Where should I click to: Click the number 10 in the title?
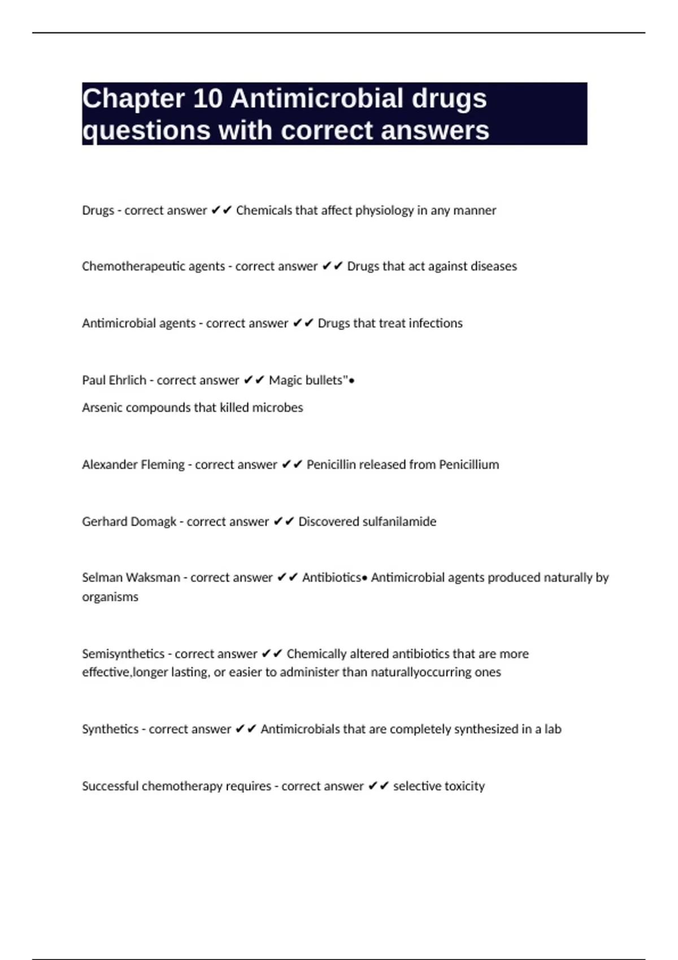pyautogui.click(x=207, y=99)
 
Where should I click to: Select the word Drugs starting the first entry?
pyautogui.click(x=98, y=211)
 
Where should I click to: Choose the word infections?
pyautogui.click(x=435, y=324)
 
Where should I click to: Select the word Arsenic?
pyautogui.click(x=102, y=408)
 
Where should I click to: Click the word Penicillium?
pyautogui.click(x=469, y=465)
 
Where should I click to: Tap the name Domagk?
pyautogui.click(x=153, y=522)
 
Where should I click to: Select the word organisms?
pyautogui.click(x=110, y=597)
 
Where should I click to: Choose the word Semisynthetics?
pyautogui.click(x=123, y=654)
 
